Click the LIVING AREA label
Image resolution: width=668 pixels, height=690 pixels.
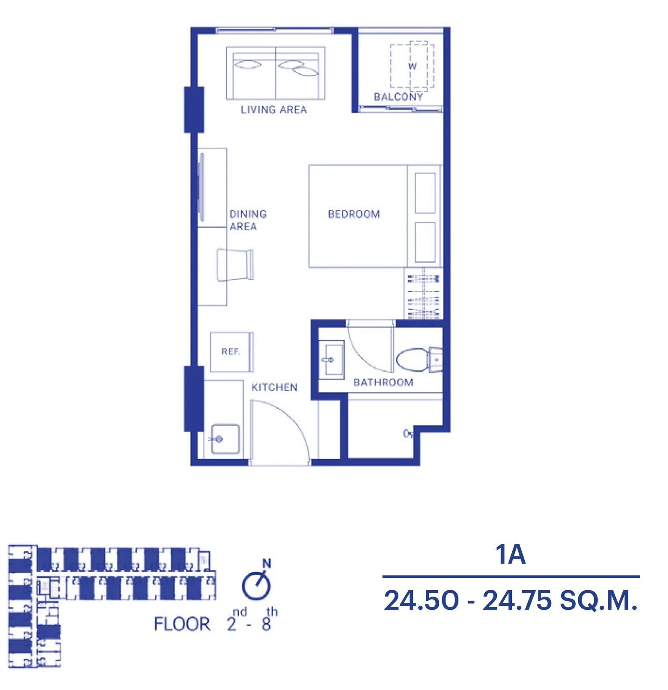click(273, 109)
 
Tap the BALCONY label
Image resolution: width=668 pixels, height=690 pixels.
click(398, 97)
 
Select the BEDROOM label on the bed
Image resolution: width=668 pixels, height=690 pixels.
click(354, 214)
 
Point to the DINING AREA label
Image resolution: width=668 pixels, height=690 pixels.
click(248, 220)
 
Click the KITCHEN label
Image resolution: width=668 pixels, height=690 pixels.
click(274, 387)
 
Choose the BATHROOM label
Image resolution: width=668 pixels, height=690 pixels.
click(383, 382)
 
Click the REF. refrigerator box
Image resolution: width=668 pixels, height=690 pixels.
click(232, 352)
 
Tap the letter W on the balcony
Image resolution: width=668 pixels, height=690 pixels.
click(412, 66)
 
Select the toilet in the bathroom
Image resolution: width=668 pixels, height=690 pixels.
click(419, 359)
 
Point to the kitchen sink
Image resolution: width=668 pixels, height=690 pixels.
click(225, 439)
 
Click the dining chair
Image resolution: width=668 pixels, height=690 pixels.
click(235, 265)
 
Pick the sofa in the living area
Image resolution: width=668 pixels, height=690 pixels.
click(276, 73)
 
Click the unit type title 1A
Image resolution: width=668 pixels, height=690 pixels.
click(510, 554)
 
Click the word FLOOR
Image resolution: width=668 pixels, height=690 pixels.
click(182, 624)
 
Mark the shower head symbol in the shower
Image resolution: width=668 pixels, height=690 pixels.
click(408, 434)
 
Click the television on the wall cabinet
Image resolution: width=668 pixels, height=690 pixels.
click(202, 187)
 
